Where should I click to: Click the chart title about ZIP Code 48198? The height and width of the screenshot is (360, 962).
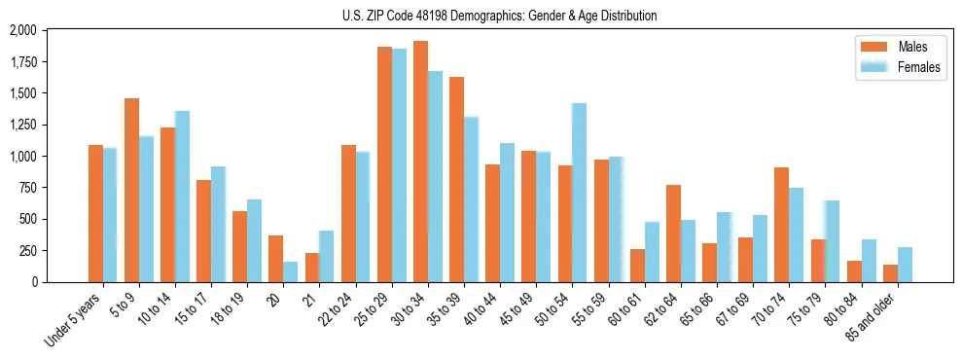500,16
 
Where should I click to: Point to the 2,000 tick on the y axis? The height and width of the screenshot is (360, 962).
22,31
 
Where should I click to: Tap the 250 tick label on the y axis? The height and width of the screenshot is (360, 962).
28,251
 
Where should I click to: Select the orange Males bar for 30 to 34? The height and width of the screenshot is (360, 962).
420,162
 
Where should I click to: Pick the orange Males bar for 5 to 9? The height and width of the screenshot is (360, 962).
131,190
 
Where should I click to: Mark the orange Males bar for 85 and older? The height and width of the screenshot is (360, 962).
890,273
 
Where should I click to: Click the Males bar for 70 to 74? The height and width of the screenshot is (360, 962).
781,225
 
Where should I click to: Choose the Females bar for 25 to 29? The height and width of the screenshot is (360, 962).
399,165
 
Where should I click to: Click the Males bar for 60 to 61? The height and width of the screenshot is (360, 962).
637,266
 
